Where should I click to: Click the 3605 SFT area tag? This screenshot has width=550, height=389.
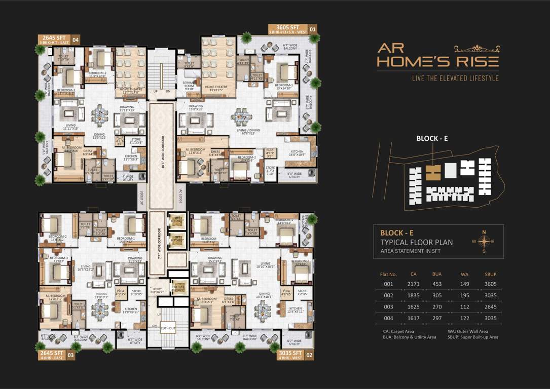pos(287,27)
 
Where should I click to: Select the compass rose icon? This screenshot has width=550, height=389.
pos(483,241)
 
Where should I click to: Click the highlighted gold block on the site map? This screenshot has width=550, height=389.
pos(432,173)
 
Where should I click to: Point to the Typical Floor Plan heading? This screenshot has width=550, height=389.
pos(416,242)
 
